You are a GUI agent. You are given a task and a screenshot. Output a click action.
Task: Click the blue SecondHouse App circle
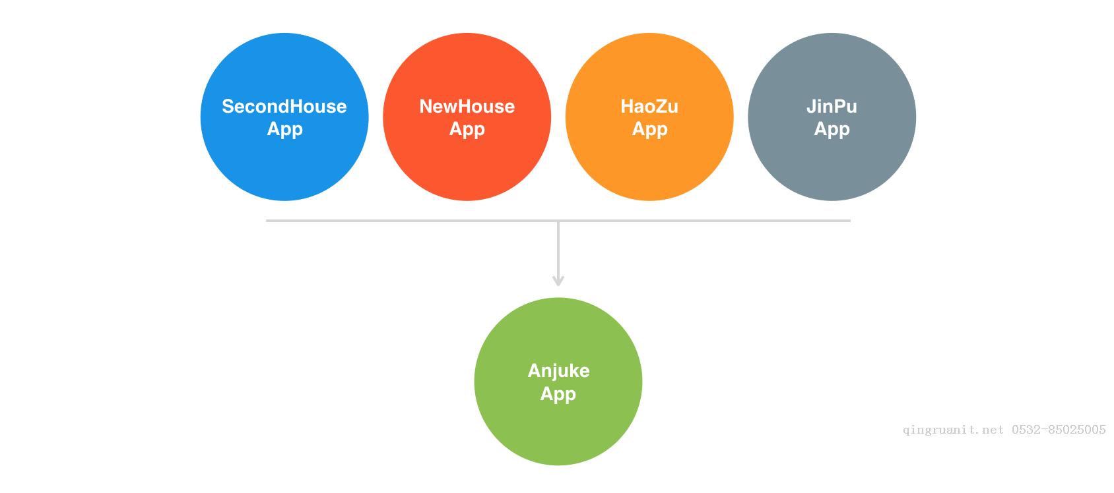click(284, 117)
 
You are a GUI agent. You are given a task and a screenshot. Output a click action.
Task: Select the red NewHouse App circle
click(467, 117)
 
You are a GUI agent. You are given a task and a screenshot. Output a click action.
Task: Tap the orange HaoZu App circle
click(649, 117)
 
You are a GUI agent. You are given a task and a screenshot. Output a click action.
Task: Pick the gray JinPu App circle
click(832, 117)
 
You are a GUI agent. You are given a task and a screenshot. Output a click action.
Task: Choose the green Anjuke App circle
click(558, 382)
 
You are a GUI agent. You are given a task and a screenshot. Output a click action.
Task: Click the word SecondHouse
click(284, 106)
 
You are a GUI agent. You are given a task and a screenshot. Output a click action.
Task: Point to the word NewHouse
click(467, 106)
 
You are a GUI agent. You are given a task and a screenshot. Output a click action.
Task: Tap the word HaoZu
click(649, 106)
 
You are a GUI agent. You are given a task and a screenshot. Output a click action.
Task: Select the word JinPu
click(832, 106)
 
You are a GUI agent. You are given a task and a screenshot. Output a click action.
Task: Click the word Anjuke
click(558, 371)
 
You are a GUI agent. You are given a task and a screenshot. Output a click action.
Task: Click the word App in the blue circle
click(284, 129)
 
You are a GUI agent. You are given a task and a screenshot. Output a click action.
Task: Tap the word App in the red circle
click(467, 129)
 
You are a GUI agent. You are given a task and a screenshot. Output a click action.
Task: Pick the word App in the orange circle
click(649, 129)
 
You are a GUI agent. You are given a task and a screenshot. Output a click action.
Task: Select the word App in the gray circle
click(832, 129)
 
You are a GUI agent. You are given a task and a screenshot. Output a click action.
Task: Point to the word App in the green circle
click(558, 394)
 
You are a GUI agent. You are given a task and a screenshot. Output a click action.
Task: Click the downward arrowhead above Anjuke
click(558, 281)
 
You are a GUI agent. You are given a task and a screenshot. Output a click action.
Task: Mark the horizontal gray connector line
click(558, 220)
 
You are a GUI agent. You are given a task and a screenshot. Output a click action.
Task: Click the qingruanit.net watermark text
click(954, 430)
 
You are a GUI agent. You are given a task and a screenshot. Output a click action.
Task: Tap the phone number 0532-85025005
click(1059, 430)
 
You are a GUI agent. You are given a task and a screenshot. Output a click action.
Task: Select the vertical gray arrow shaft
click(558, 253)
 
